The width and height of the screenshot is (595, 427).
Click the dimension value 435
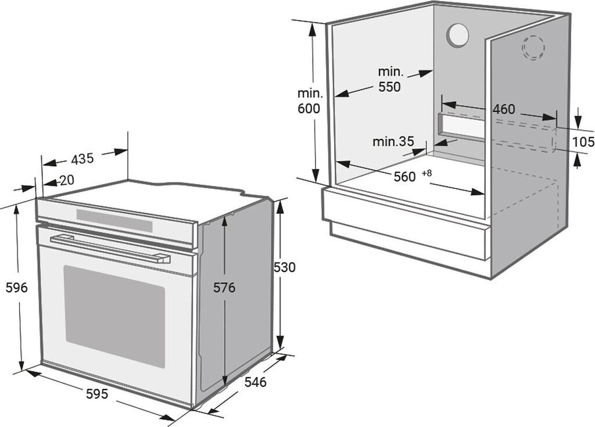tap(82, 158)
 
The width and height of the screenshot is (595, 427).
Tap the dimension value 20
tap(67, 181)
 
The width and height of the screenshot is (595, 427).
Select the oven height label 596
tap(16, 287)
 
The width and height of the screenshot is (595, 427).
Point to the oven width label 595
tap(97, 394)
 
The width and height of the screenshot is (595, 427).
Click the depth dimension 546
tap(255, 382)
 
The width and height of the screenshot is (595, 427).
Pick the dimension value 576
tap(224, 287)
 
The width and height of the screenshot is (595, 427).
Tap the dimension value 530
tap(284, 267)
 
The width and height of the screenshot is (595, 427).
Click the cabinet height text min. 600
tap(309, 101)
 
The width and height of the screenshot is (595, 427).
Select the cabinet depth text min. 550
tap(390, 80)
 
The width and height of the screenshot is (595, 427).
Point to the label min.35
tap(393, 141)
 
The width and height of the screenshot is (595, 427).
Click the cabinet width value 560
tap(404, 177)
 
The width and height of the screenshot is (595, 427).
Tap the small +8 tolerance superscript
tap(427, 173)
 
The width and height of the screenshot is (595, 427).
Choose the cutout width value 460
tap(504, 109)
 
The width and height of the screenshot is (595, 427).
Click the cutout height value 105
tap(583, 141)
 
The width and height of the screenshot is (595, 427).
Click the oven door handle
tap(110, 249)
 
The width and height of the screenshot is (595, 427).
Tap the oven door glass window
tap(114, 316)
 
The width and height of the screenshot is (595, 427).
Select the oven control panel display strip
tap(114, 221)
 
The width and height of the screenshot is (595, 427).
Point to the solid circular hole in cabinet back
tap(458, 36)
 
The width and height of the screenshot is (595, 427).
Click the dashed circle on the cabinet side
tap(533, 47)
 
